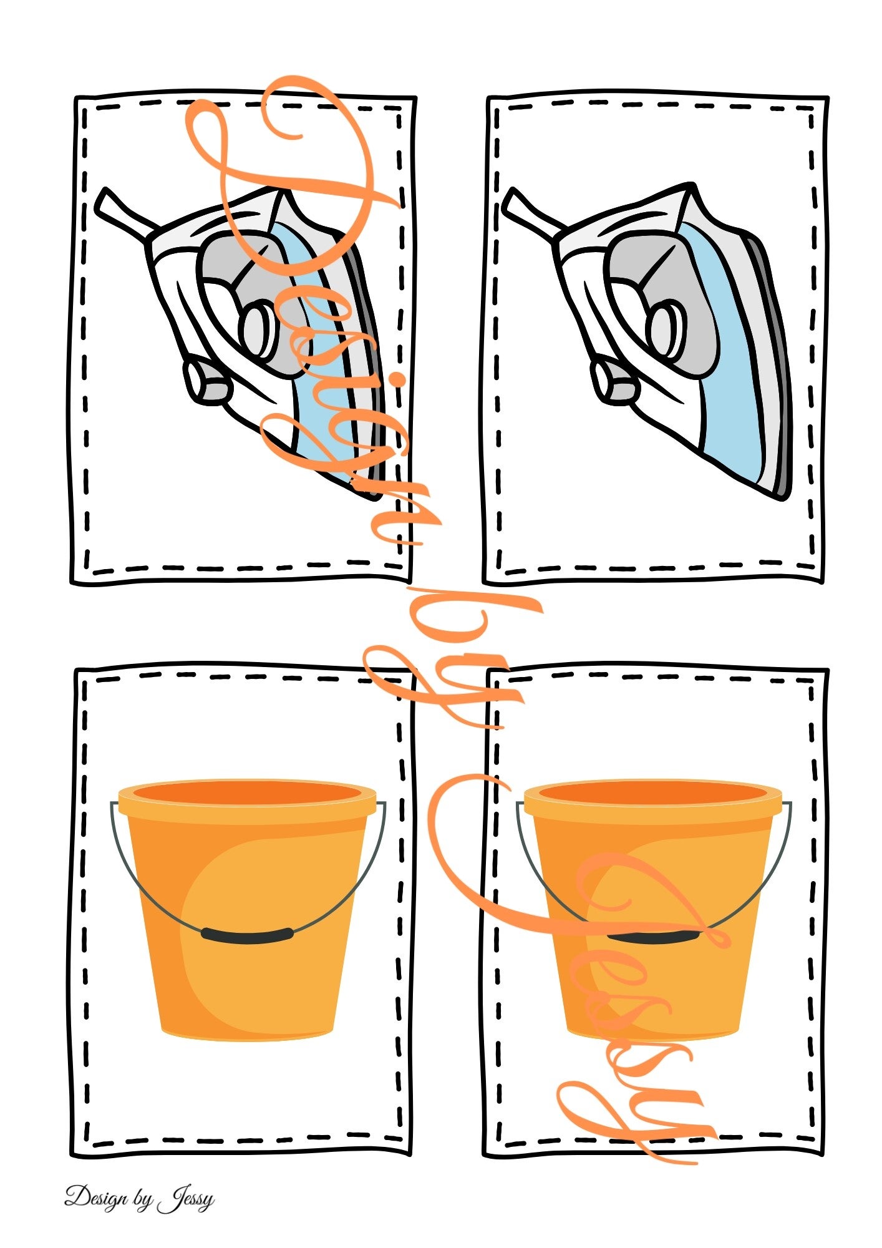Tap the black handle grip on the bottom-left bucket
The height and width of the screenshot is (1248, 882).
point(248,934)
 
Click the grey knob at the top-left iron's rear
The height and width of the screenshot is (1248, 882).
point(207,381)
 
